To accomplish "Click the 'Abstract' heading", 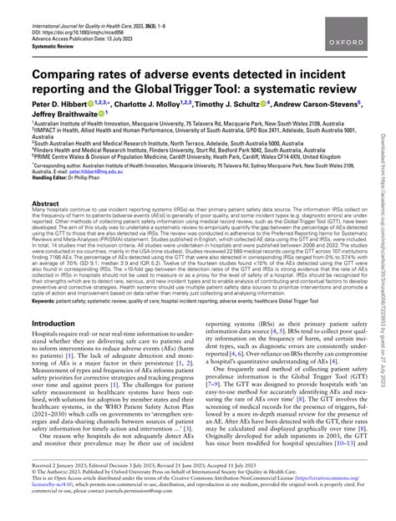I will pyautogui.click(x=45, y=203).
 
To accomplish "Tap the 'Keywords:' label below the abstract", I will pyautogui.click(x=45, y=299).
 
